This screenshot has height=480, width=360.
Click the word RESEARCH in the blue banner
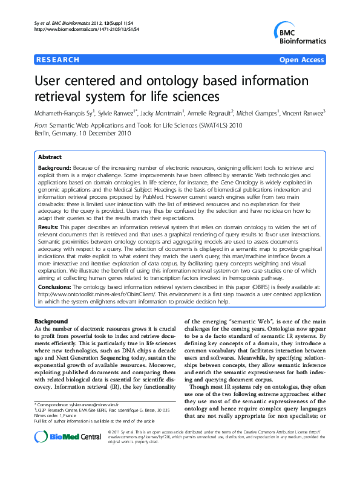tap(58, 60)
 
